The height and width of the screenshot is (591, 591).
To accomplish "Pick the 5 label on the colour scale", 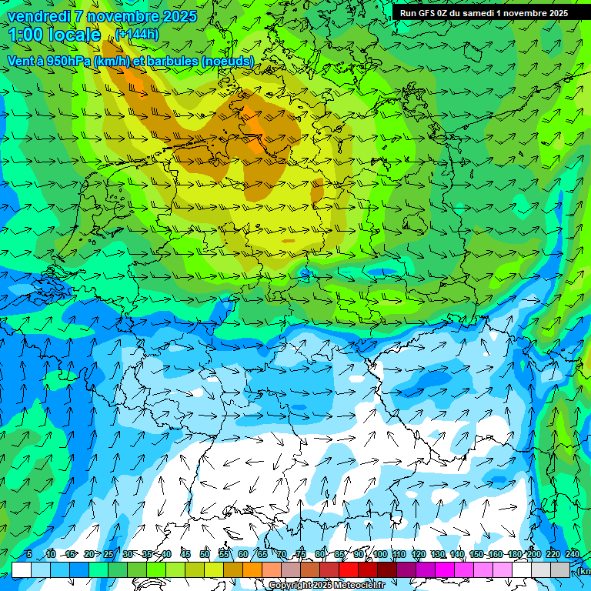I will [29, 555].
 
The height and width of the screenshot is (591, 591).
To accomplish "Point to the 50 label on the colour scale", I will [205, 555].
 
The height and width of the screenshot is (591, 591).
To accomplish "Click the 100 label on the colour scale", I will [380, 555].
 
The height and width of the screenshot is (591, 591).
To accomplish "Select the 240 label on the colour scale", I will [573, 555].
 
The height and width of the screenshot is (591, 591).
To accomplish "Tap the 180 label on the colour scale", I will [515, 555].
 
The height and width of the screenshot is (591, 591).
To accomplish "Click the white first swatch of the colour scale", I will [22, 569].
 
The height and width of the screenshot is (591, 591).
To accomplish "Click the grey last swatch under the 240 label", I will [560, 569].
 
